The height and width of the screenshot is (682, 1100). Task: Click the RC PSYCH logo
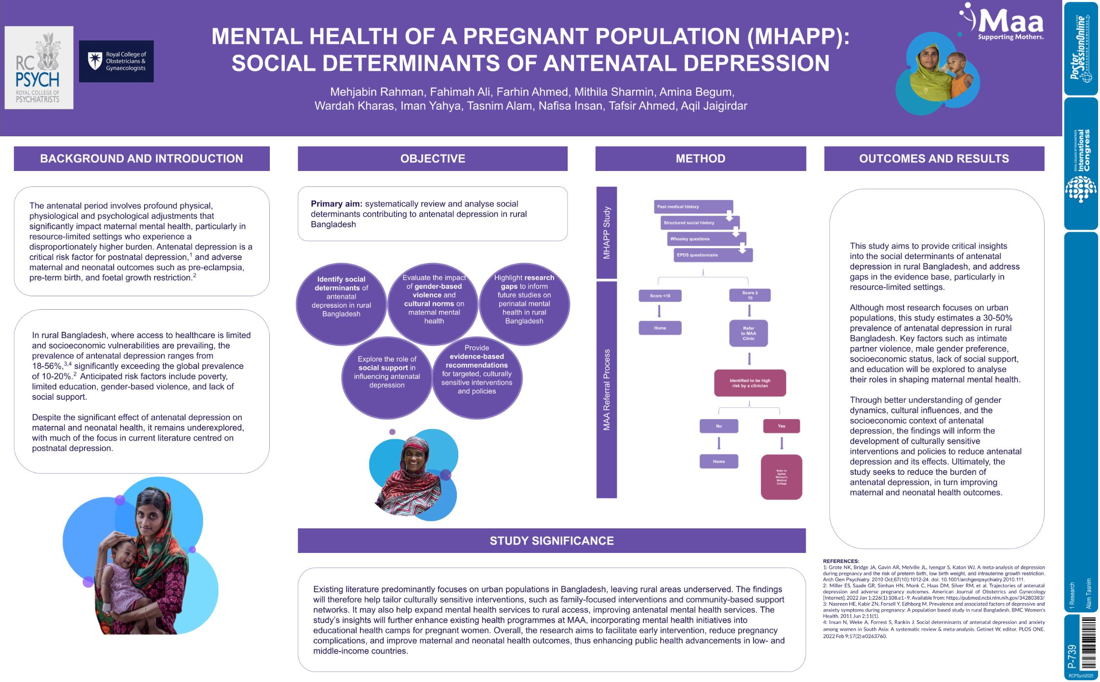39,67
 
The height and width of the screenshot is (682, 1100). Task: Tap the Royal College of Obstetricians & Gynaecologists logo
116,61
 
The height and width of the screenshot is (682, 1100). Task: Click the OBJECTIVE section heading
432,158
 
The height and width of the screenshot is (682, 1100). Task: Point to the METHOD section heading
700,158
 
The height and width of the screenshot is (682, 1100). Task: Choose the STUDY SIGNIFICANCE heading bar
551,540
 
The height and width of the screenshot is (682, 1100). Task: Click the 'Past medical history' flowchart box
693,207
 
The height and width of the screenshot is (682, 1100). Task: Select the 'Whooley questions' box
706,239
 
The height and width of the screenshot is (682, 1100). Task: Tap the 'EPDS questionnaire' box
713,255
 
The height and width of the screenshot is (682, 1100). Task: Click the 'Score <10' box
660,296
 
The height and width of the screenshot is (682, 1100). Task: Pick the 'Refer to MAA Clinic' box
748,333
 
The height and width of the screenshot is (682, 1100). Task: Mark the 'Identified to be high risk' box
750,383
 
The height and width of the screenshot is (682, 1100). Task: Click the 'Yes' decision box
781,426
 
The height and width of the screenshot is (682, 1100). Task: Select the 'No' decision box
718,426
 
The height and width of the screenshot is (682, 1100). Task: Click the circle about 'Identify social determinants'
341,303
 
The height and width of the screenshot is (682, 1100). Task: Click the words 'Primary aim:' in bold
336,204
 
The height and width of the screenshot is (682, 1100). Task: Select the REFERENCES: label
841,561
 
